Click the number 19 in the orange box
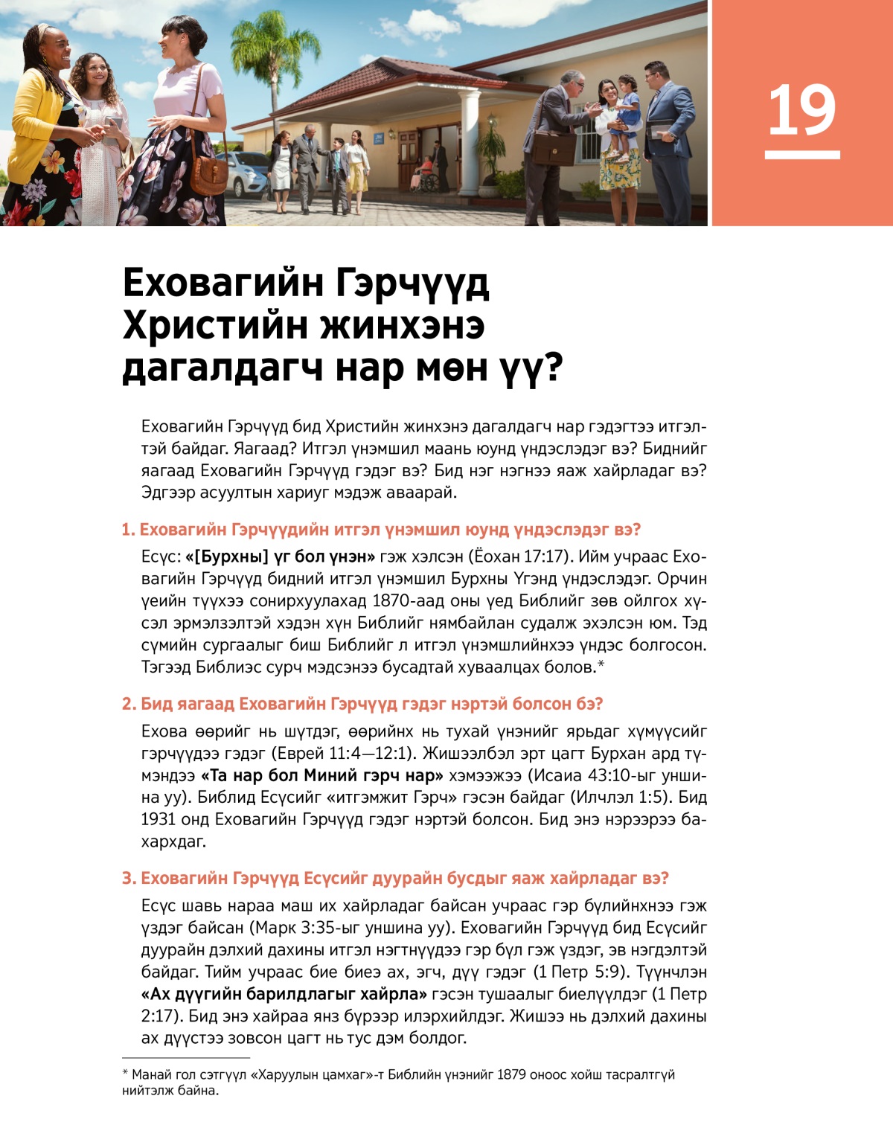click(801, 111)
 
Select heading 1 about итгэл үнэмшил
click(381, 530)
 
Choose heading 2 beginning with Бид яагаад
click(362, 704)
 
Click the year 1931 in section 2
click(158, 819)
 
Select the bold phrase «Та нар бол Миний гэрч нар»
click(322, 775)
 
